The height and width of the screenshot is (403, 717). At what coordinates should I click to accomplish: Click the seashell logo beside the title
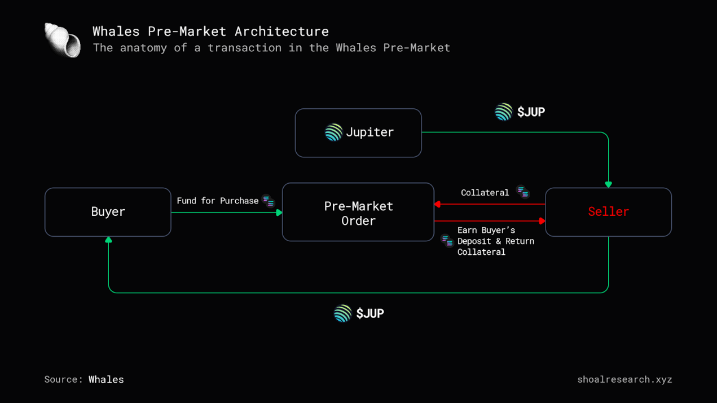click(x=62, y=40)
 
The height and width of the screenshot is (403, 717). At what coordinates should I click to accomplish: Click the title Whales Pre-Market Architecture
click(x=210, y=31)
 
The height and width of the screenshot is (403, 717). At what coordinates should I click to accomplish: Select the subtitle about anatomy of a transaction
click(x=271, y=48)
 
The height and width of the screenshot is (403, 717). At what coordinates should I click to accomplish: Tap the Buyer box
click(x=108, y=212)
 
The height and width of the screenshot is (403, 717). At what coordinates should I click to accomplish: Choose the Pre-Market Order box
click(x=358, y=212)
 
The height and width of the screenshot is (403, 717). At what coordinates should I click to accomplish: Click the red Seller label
click(x=608, y=212)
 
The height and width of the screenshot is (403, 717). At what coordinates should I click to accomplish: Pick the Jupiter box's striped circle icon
click(x=333, y=132)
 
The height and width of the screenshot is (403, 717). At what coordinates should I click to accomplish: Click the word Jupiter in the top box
click(x=370, y=132)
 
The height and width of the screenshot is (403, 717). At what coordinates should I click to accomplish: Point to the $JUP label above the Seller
click(x=531, y=112)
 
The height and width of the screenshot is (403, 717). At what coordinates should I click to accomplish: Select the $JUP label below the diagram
click(x=370, y=313)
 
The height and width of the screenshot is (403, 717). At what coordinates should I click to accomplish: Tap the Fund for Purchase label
click(x=217, y=201)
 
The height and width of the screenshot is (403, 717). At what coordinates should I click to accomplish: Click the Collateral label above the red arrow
click(x=485, y=193)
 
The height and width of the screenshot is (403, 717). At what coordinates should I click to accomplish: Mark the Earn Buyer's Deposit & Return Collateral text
click(x=495, y=241)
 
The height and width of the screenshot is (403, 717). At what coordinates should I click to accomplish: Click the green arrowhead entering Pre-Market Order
click(x=279, y=212)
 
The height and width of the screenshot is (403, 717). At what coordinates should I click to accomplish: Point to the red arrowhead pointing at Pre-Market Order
click(x=438, y=204)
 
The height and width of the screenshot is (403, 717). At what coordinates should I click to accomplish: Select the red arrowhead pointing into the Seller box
click(x=542, y=221)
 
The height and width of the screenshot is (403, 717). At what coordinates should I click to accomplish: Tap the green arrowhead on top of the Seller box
click(x=608, y=184)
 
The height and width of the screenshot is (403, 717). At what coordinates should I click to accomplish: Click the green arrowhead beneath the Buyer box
click(x=108, y=240)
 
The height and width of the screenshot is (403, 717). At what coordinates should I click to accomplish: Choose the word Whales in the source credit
click(x=106, y=379)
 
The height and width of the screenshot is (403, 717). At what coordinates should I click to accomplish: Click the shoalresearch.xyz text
click(x=624, y=379)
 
